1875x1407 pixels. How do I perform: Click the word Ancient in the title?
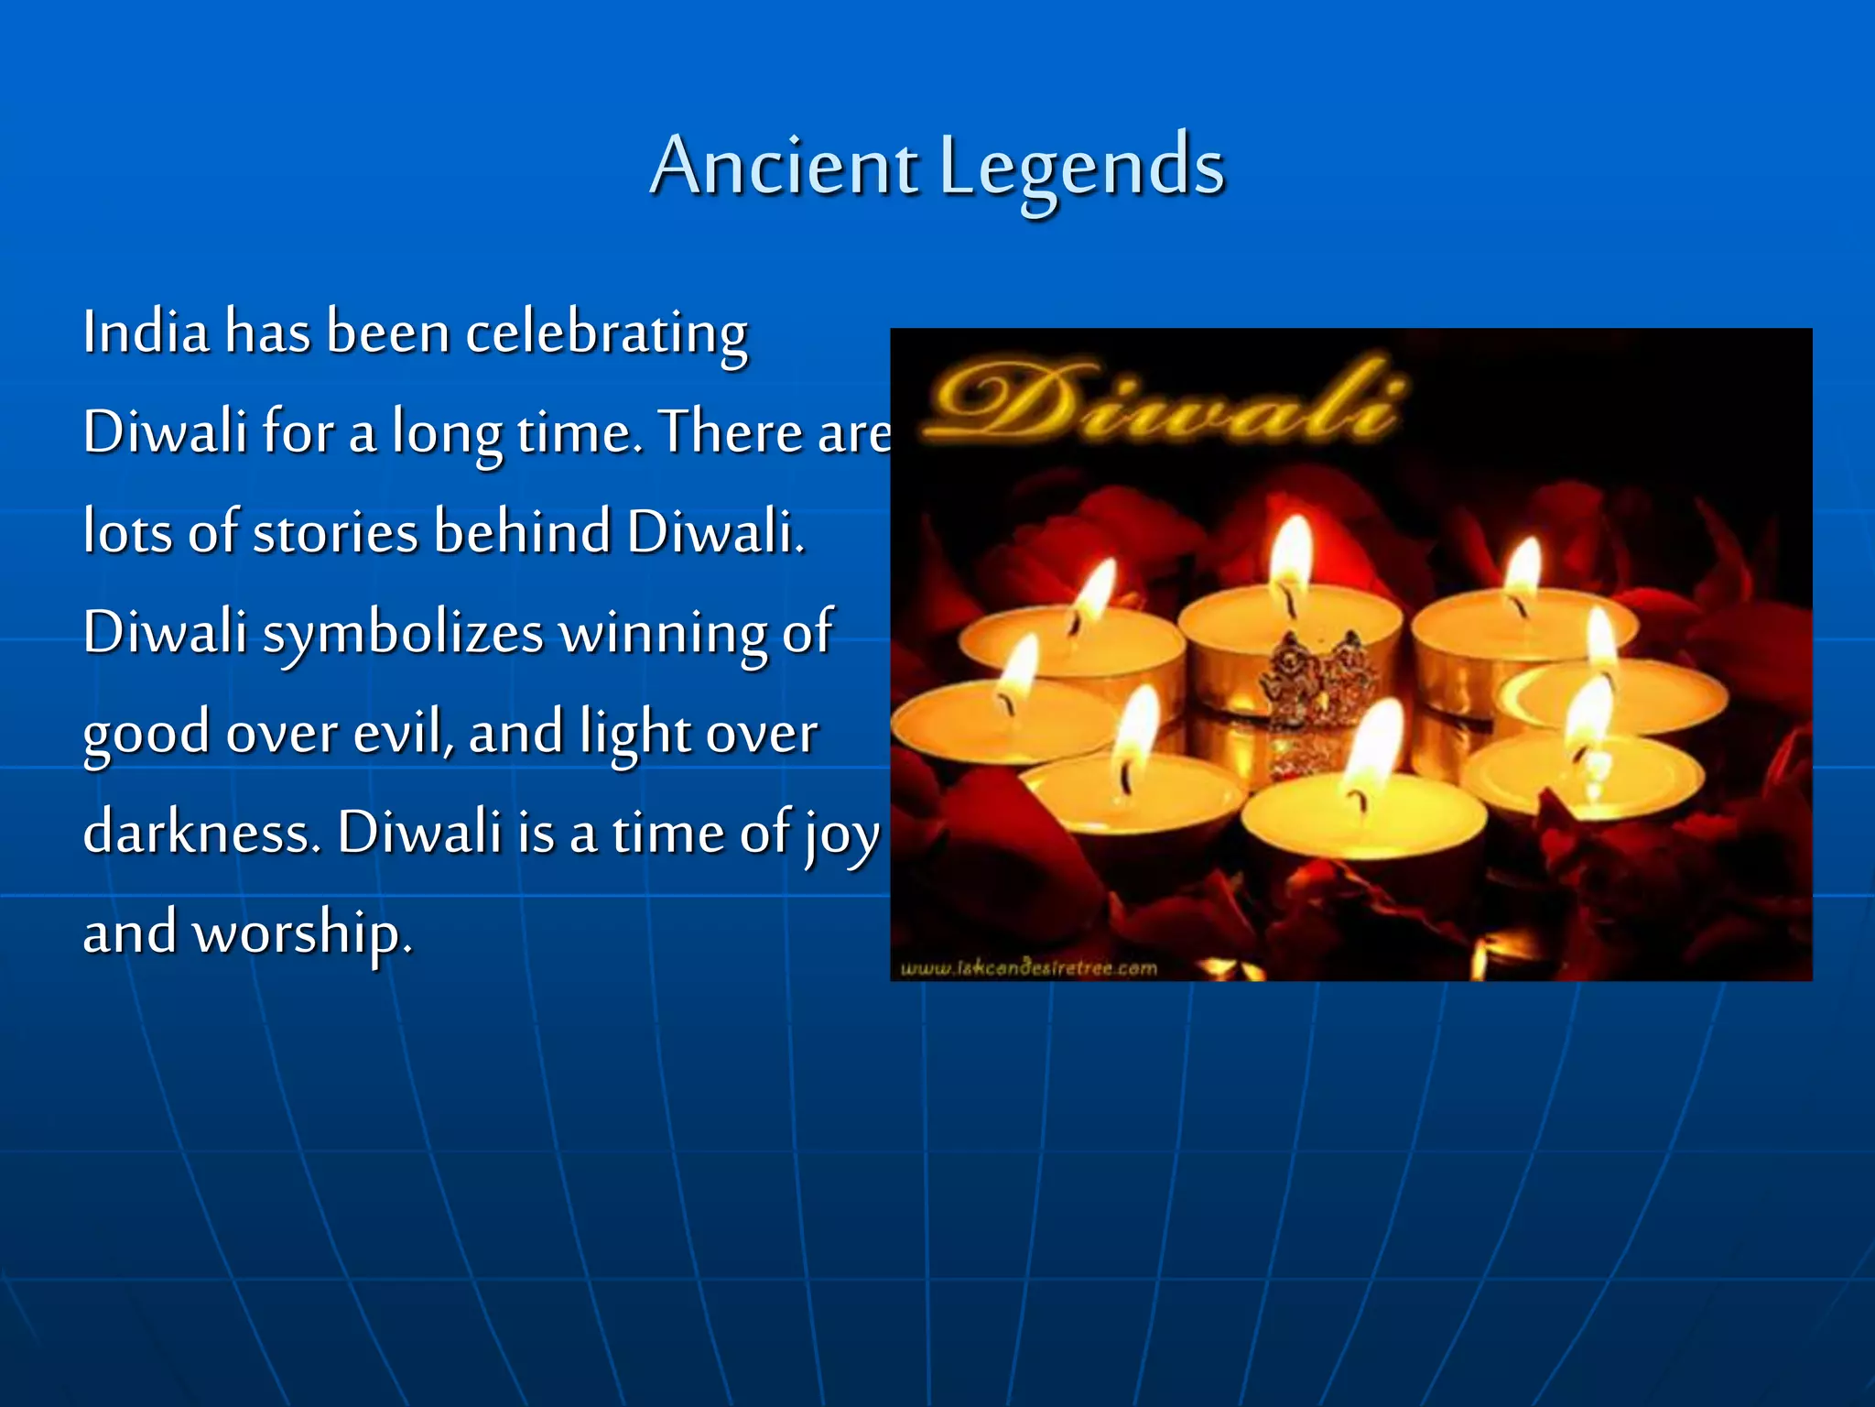[784, 167]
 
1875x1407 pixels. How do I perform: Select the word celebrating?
[606, 333]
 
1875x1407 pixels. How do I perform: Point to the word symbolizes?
[404, 634]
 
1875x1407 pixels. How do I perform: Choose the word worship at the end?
[302, 934]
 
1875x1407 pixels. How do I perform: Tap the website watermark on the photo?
[1029, 968]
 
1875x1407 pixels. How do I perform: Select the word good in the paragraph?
[146, 735]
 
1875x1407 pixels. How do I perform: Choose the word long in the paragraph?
[447, 433]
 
